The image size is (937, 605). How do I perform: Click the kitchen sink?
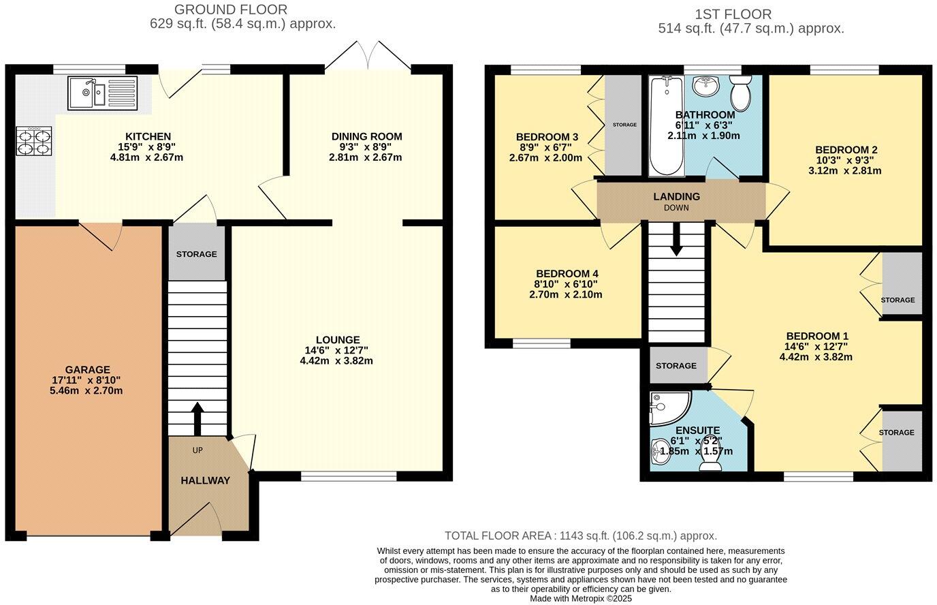[x=102, y=93]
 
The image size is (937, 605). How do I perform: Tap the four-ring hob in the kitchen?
[x=33, y=142]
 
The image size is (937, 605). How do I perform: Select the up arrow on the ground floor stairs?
[x=197, y=418]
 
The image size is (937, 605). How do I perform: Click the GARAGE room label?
[x=88, y=370]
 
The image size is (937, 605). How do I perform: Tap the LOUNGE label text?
[x=337, y=340]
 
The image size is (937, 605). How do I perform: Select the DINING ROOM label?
[x=366, y=136]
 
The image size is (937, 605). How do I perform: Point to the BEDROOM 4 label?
[x=567, y=274]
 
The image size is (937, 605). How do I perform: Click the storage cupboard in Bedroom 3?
[x=624, y=125]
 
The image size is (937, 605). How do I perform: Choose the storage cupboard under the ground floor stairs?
[x=196, y=254]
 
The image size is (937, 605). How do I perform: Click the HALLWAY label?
[x=205, y=480]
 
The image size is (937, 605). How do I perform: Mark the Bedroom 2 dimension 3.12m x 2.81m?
[x=844, y=170]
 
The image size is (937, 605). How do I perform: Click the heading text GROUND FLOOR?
[x=231, y=10]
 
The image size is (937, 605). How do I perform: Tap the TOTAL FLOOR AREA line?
[x=580, y=536]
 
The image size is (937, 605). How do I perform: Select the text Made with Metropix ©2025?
[x=581, y=598]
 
